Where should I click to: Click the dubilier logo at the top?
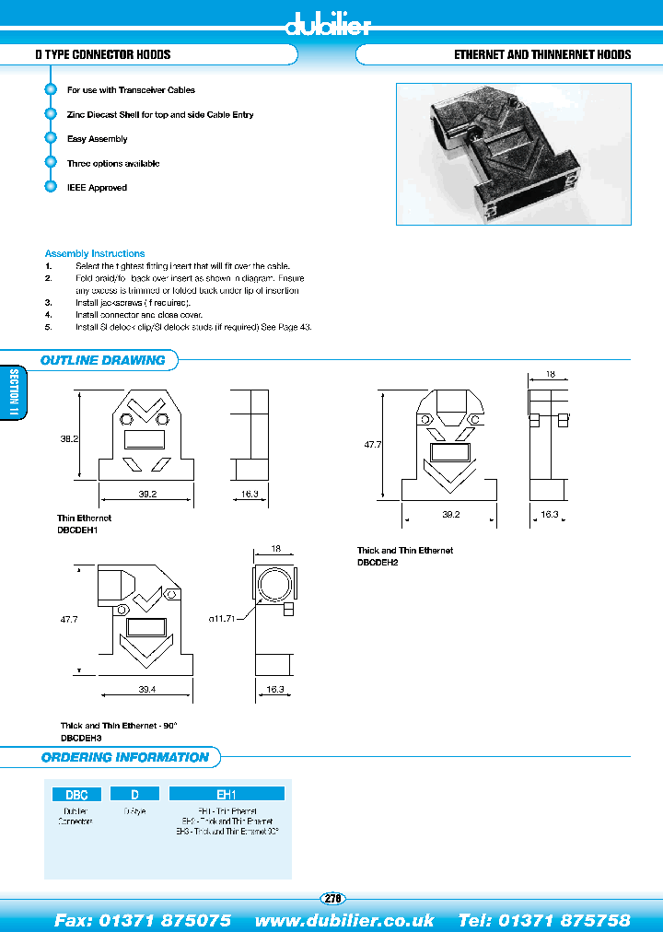coord(328,25)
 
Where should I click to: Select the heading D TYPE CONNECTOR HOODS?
coord(103,54)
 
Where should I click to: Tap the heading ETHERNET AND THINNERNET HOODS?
coord(542,54)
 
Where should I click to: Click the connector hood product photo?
coord(513,154)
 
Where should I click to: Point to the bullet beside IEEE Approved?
coord(51,187)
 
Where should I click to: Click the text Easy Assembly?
coord(97,139)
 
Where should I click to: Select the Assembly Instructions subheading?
coord(95,253)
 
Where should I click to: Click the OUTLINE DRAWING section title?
coord(103,360)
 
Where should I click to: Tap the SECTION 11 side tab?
coord(13,393)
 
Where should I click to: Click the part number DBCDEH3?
coord(81,738)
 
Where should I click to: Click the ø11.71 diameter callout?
coord(224,620)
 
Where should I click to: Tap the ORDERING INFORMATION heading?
coord(125,757)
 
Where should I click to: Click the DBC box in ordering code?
coord(76,793)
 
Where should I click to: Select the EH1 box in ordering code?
coord(227,793)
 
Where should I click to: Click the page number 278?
coord(331,899)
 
